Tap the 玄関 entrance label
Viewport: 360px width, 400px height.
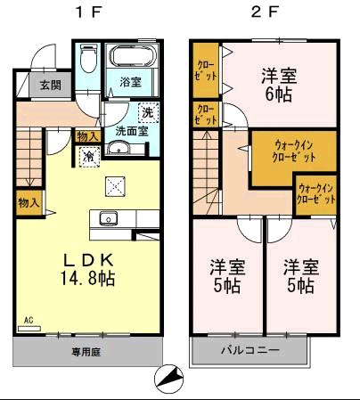tap(50, 86)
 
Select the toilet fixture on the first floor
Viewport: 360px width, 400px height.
tap(86, 60)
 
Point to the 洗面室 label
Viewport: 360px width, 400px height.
tap(129, 131)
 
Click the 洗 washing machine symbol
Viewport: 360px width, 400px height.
tap(148, 113)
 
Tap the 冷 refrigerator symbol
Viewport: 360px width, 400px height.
tap(90, 156)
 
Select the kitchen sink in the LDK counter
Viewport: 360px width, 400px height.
tap(109, 216)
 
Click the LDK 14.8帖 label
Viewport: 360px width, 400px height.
tap(87, 268)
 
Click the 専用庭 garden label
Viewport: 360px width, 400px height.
tap(86, 352)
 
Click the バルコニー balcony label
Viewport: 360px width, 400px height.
tap(250, 351)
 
